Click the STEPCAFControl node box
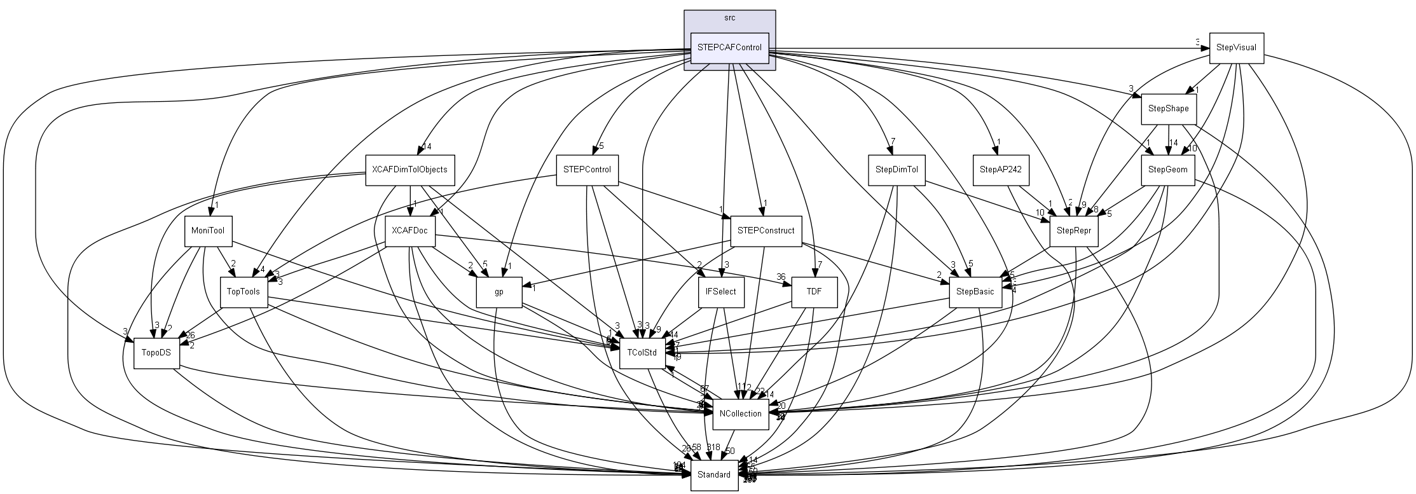pyautogui.click(x=729, y=48)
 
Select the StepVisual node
pyautogui.click(x=1235, y=48)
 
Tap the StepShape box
pyautogui.click(x=1168, y=109)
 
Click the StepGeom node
pyautogui.click(x=1168, y=170)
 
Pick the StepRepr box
pyautogui.click(x=1073, y=231)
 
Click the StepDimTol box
pyautogui.click(x=896, y=170)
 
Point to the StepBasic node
pyautogui.click(x=975, y=292)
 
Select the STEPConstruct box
pyautogui.click(x=766, y=231)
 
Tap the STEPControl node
pyautogui.click(x=586, y=170)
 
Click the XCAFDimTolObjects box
pyautogui.click(x=409, y=170)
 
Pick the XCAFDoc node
pyautogui.click(x=409, y=231)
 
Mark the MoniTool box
pyautogui.click(x=207, y=231)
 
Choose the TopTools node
pyautogui.click(x=244, y=292)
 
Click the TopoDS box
pyautogui.click(x=156, y=353)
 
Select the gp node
pyautogui.click(x=499, y=292)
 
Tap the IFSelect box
pyautogui.click(x=720, y=292)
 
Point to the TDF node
pyautogui.click(x=814, y=292)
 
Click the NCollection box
pyautogui.click(x=740, y=414)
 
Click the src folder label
pyautogui.click(x=729, y=18)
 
